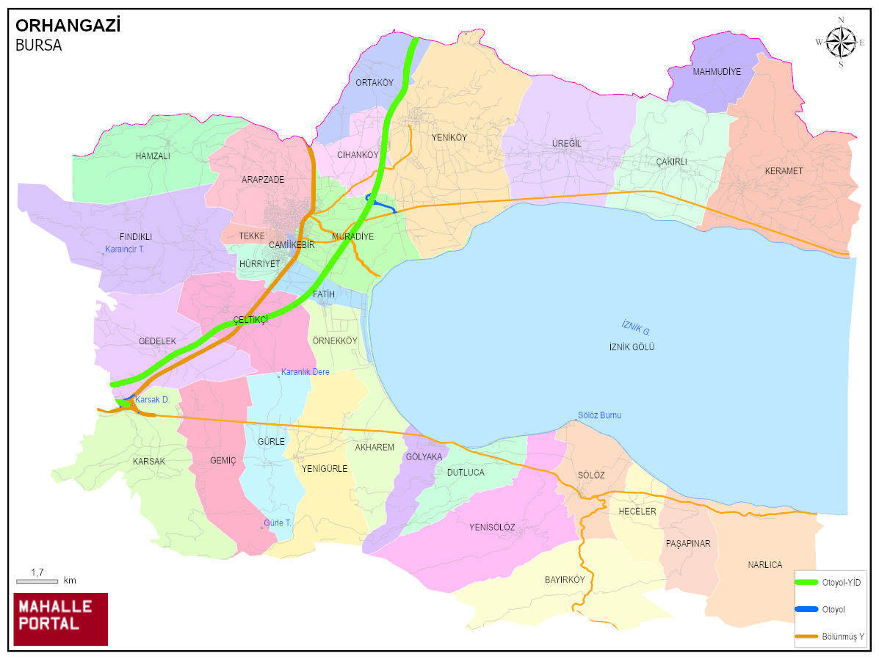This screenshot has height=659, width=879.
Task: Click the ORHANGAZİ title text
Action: tap(68, 26)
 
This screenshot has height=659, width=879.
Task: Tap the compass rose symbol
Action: tap(841, 42)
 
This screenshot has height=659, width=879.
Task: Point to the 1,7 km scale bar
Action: tap(37, 580)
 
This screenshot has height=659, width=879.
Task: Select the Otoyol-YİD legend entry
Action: tap(831, 582)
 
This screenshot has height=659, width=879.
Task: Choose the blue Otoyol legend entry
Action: tap(831, 609)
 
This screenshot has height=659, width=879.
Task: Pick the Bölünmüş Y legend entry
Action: tap(831, 636)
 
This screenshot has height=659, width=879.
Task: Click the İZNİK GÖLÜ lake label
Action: tap(632, 347)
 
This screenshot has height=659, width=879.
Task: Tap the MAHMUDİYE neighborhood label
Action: tap(717, 72)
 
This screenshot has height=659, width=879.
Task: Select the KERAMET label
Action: tap(784, 171)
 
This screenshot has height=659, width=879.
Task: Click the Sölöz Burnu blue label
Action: tap(599, 415)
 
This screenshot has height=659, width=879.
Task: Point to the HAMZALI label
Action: tap(153, 156)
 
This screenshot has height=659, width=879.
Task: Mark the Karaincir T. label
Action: tap(125, 250)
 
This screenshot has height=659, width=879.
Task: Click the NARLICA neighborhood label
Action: tap(764, 565)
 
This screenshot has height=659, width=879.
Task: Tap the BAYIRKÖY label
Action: tap(564, 580)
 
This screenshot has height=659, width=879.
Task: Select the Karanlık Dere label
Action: tap(305, 372)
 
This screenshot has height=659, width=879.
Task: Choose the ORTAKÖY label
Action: tap(375, 83)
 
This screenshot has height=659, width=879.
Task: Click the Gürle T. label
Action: tap(278, 523)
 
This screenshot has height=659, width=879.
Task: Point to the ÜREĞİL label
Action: tap(566, 144)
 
